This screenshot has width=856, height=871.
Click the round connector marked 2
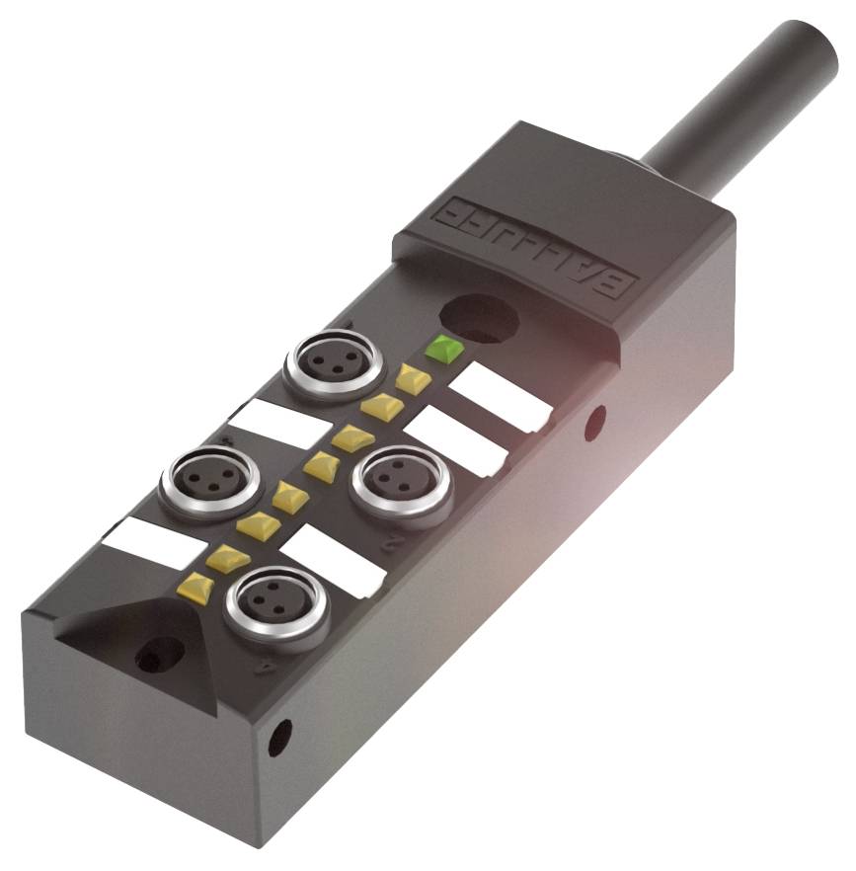tap(401, 479)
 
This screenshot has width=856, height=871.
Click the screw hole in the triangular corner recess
tap(159, 655)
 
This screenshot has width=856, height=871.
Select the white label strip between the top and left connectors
tap(280, 423)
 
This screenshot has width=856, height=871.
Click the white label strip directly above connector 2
tap(457, 440)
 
